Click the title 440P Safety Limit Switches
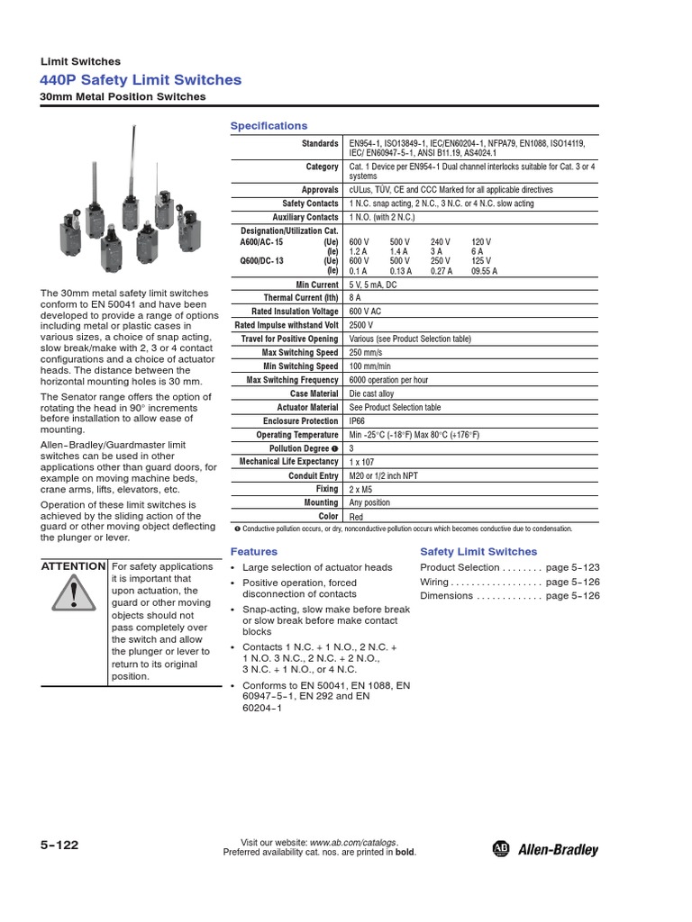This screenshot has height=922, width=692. coord(141,79)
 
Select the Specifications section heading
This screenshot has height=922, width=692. coord(269,126)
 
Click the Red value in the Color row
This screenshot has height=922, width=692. coord(356,516)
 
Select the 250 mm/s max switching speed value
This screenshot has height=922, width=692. coord(368,352)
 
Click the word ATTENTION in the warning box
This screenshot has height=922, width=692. coord(74,566)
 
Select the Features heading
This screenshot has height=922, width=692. coord(254,551)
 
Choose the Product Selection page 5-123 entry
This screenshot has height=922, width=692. coord(509,567)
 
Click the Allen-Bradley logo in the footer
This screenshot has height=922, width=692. coord(545,849)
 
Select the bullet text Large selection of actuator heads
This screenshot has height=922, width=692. coord(317,567)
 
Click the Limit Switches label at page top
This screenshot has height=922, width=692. coord(81,61)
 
